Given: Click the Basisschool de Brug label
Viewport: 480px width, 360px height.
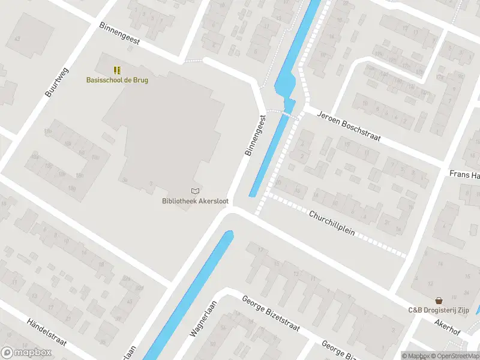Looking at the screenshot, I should click(117, 80).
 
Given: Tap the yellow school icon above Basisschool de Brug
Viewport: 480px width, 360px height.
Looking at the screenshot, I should click(117, 70).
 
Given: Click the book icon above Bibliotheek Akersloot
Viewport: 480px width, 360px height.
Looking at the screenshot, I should click(195, 191).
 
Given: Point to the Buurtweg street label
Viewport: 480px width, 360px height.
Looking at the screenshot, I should click(57, 83).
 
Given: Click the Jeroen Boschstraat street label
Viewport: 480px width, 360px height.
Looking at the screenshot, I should click(349, 125).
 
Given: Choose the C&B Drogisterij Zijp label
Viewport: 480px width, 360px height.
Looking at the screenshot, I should click(439, 310).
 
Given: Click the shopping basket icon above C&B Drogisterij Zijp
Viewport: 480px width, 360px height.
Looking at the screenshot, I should click(439, 300).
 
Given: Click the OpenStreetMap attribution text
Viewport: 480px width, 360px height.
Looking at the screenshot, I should click(455, 356).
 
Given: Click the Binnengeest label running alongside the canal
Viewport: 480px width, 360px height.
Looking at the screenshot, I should click(255, 136).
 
